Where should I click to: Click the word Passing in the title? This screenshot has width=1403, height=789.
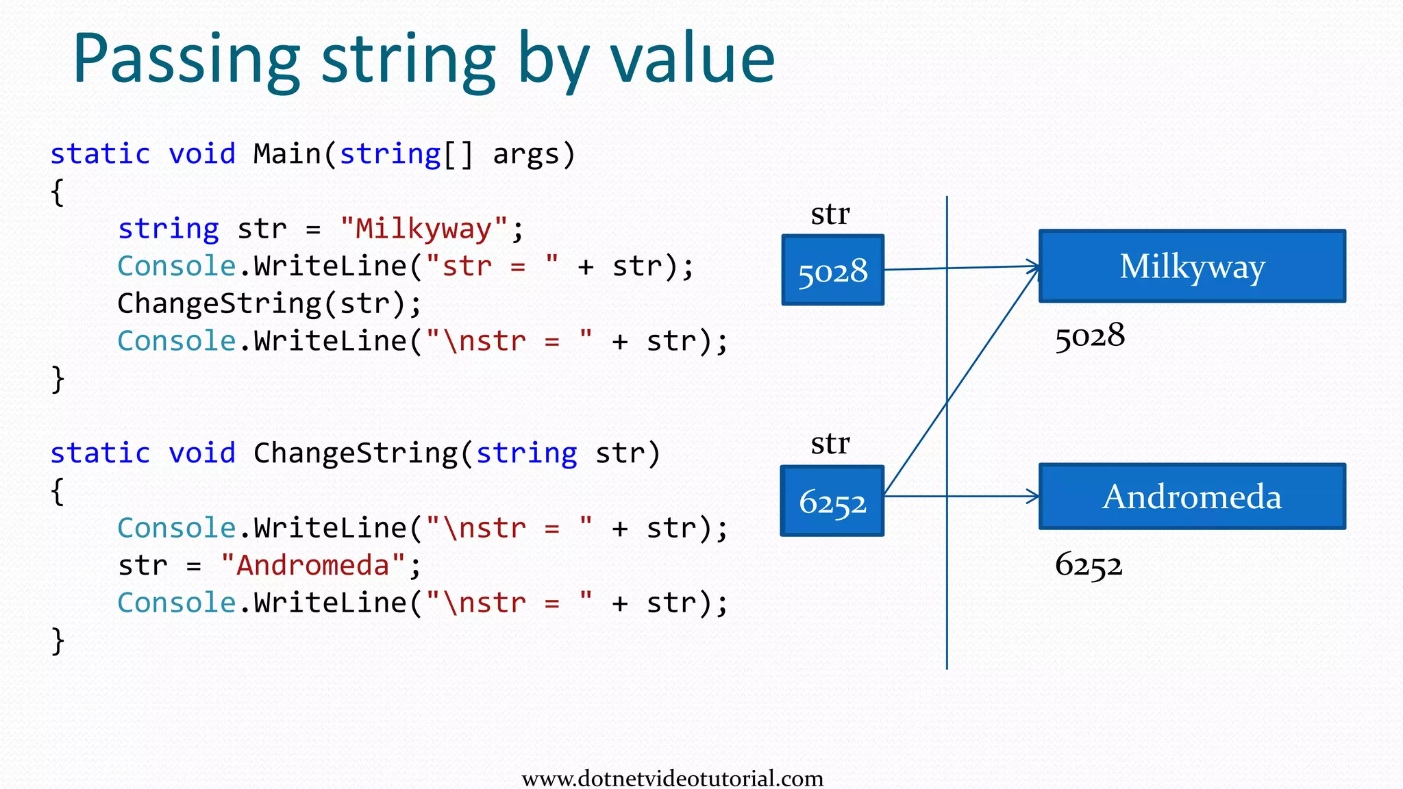click(x=186, y=60)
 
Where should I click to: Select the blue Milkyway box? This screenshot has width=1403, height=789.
click(x=1192, y=266)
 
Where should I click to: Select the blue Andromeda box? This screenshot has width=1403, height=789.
click(x=1192, y=497)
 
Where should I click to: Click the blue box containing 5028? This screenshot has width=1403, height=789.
click(x=832, y=271)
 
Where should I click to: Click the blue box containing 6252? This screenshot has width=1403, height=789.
click(x=832, y=501)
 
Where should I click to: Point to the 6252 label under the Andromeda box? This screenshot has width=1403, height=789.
click(x=1089, y=566)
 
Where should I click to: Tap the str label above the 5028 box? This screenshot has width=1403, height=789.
click(x=830, y=214)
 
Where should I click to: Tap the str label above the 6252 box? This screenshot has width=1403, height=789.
click(x=830, y=444)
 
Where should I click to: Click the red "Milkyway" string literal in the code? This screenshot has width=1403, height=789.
click(x=424, y=229)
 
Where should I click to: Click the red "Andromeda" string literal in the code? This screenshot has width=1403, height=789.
click(x=313, y=566)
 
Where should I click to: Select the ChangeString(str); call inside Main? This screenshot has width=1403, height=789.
click(x=269, y=303)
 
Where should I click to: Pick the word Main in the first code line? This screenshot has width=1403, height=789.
click(x=287, y=154)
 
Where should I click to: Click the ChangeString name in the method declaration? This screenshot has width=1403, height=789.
click(x=355, y=453)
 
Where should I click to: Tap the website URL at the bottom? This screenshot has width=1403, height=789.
click(x=672, y=779)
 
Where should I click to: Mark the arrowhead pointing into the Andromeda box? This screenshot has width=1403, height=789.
click(x=1032, y=497)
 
